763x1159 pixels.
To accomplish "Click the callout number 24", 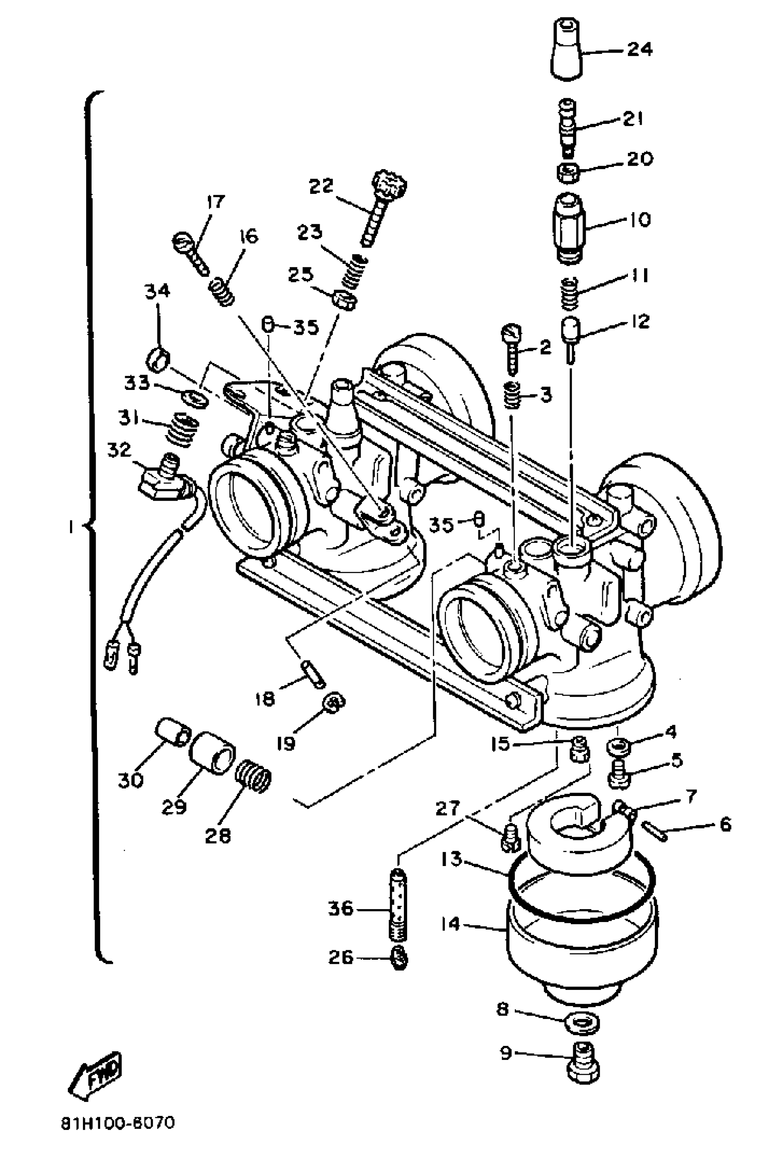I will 639,49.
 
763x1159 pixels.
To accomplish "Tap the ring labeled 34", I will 158,360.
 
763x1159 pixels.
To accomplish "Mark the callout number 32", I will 119,450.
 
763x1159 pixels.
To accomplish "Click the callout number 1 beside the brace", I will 71,526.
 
